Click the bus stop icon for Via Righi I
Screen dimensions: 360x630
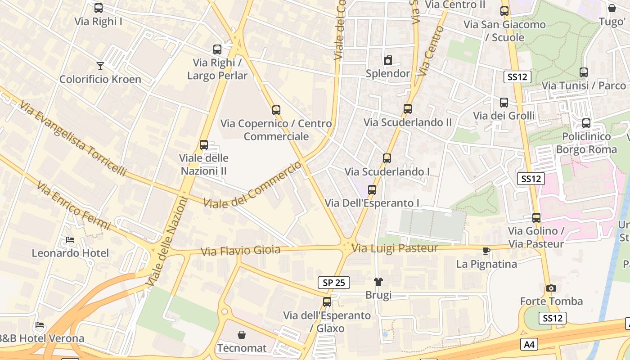[x=99, y=8]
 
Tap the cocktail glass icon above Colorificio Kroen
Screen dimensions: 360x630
[x=100, y=66]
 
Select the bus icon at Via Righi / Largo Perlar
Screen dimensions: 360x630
[x=217, y=49]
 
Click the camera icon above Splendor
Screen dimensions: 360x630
[x=388, y=60]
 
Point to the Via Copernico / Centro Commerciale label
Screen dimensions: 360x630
[x=276, y=130]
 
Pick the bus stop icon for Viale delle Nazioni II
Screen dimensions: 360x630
[x=204, y=145]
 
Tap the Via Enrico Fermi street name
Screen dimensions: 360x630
[x=73, y=205]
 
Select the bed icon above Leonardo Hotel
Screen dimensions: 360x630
[x=70, y=240]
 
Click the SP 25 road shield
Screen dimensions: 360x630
[x=334, y=283]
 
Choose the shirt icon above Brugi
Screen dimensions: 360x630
[x=378, y=282]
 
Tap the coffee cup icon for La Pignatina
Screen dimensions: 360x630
[x=486, y=251]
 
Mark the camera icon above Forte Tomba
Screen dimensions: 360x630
[x=551, y=288]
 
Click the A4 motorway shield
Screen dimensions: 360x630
[x=530, y=345]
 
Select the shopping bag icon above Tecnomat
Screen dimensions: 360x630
[x=242, y=335]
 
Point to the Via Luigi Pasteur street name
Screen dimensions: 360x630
[x=395, y=248]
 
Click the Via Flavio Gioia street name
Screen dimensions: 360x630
[x=241, y=251]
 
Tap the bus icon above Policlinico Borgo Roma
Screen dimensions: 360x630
[x=586, y=123]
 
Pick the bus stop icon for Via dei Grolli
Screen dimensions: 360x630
[x=504, y=103]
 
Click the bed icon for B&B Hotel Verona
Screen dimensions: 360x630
[x=40, y=325]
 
